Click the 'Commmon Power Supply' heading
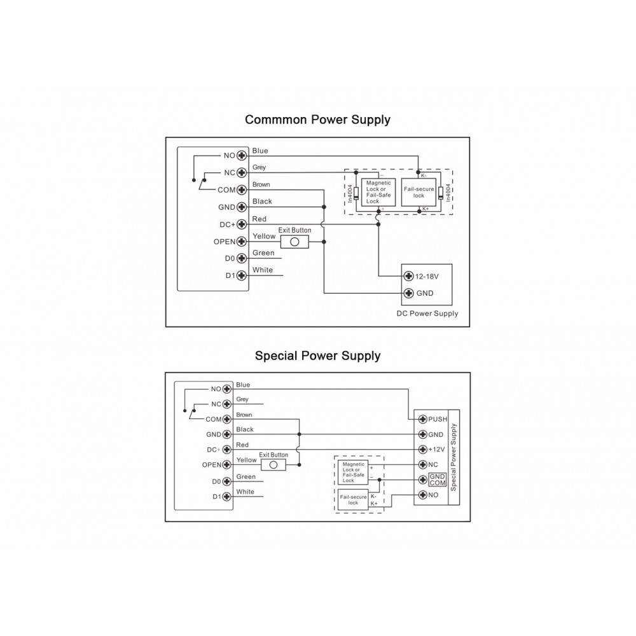pos(317,120)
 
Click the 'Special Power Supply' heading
pos(317,356)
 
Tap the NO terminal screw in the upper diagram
pos(242,155)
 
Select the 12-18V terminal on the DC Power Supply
pos(410,276)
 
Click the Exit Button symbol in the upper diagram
pos(294,242)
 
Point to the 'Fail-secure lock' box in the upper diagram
pos(418,192)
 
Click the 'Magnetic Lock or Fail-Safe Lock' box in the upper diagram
pos(378,192)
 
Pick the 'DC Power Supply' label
pos(427,314)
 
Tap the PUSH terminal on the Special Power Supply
pos(422,420)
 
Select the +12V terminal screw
pos(422,449)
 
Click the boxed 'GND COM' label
pos(438,480)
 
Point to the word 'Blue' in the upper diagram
pos(260,151)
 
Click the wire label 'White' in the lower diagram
pos(245,492)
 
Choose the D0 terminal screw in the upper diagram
pos(242,259)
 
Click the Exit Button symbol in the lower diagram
pos(273,465)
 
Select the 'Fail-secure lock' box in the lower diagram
pos(353,500)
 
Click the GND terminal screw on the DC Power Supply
pos(410,293)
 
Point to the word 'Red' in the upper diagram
pos(259,219)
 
